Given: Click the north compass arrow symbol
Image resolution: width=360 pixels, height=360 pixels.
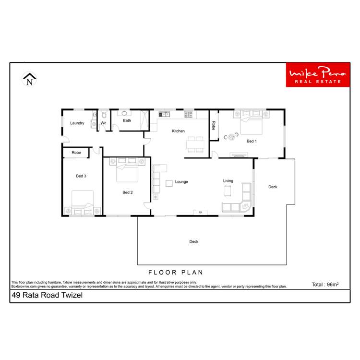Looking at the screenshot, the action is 29,79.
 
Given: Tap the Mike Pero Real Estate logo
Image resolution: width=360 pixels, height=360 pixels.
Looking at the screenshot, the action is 318,74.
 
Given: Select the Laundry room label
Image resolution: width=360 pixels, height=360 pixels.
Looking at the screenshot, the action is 77,123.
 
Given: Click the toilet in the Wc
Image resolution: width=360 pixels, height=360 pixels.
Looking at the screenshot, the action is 104,115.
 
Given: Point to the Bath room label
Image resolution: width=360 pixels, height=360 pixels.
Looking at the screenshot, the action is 127,120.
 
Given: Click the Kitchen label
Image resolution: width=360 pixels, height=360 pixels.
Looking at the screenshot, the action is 178,131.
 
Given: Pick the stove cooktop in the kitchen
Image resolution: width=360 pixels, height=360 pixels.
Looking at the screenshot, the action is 189,114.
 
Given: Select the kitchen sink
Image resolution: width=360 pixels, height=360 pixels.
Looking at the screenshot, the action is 164,114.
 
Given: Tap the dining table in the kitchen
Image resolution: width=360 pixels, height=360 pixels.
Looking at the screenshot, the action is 195,144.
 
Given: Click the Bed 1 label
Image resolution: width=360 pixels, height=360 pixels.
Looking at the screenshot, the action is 252,141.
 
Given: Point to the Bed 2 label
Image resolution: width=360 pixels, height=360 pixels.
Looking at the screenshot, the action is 128,192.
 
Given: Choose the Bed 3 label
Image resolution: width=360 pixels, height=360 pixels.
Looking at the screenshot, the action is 81,176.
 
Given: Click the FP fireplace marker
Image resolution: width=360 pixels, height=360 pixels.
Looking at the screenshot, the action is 200,213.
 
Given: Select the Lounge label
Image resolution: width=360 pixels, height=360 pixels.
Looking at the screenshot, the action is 181,181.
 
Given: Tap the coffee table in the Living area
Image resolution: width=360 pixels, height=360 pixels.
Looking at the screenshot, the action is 228,191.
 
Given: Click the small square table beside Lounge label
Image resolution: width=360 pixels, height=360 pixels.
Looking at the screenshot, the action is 169,183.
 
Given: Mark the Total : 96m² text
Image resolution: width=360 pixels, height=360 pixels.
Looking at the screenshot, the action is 325,285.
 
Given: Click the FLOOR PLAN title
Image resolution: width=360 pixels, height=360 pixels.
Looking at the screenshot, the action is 176,273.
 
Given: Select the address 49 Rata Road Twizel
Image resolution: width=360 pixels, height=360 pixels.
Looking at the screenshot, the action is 47,295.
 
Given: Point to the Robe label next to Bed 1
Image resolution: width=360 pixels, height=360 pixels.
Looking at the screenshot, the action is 214,126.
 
